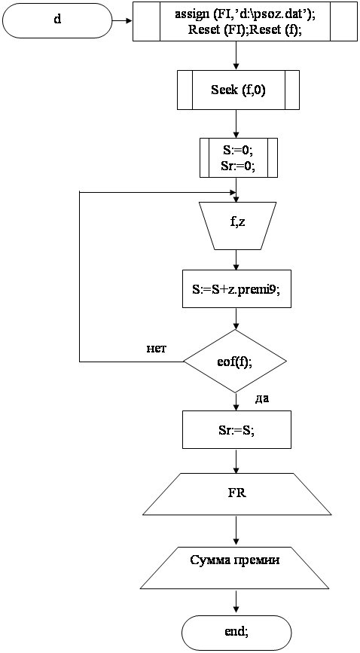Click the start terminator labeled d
(x=57, y=21)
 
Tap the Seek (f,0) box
(x=238, y=90)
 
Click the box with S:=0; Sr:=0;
(x=238, y=158)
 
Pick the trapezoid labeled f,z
(x=237, y=226)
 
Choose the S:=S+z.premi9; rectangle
(x=236, y=289)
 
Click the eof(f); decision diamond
(x=236, y=361)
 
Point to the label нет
(x=156, y=349)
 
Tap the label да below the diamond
(x=262, y=398)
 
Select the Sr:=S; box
(x=236, y=430)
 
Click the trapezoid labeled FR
(x=236, y=494)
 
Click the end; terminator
(x=236, y=632)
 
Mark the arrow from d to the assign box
(x=123, y=20)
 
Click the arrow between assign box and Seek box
(x=236, y=56)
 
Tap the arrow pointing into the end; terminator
(x=236, y=601)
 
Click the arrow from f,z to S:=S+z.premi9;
(x=236, y=260)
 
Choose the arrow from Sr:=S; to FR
(x=236, y=461)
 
